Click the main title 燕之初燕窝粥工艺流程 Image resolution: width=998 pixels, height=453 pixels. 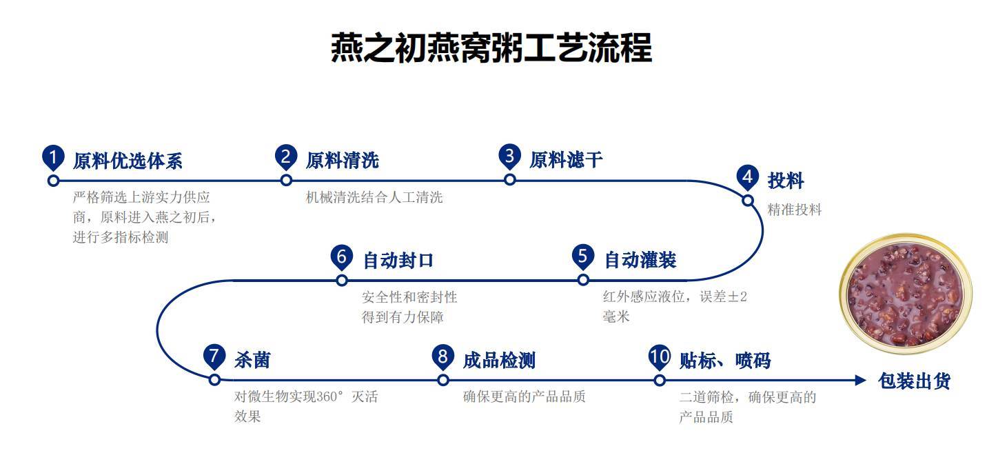click(x=491, y=48)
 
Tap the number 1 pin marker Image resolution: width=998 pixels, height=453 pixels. click(x=53, y=158)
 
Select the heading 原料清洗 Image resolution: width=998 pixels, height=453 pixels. click(x=342, y=161)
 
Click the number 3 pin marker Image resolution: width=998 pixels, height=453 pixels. click(x=509, y=157)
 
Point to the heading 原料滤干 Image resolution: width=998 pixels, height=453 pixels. click(x=566, y=160)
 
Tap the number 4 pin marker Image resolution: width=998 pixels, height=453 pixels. click(x=747, y=178)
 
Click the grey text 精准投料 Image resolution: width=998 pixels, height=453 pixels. click(x=795, y=210)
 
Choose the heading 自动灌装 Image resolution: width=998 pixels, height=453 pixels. click(x=640, y=260)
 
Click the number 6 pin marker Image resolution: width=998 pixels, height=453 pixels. click(x=341, y=257)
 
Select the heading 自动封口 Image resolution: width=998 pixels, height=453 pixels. click(x=398, y=261)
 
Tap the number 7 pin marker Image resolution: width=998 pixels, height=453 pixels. click(x=214, y=357)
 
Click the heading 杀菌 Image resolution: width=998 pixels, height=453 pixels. click(x=252, y=360)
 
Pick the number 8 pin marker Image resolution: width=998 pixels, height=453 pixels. click(x=442, y=357)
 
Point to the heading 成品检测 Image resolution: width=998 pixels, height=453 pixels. click(x=499, y=360)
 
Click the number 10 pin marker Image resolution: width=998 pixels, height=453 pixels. click(x=660, y=357)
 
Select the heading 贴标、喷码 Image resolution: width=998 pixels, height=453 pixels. click(x=725, y=360)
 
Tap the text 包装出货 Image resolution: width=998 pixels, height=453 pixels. click(x=914, y=381)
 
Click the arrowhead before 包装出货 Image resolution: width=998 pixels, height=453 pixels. click(x=859, y=380)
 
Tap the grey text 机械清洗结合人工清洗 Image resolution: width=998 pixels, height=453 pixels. click(x=374, y=198)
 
